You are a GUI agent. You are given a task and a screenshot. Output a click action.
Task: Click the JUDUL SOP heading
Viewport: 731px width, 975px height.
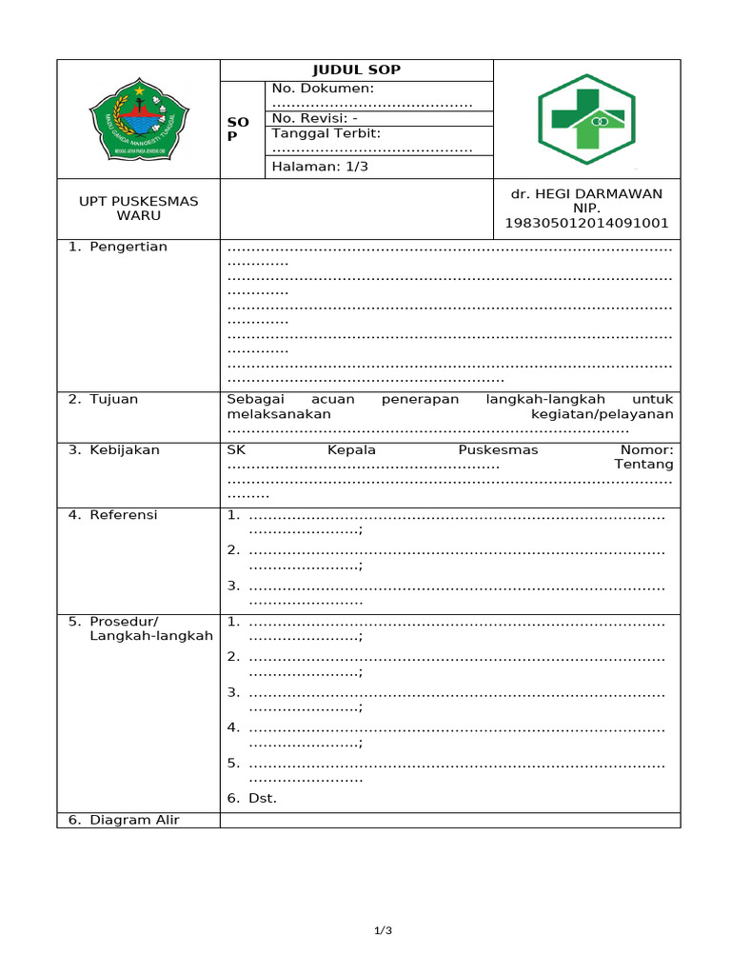[x=357, y=70]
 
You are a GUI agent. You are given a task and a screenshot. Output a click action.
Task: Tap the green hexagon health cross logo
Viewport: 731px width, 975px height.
[x=587, y=119]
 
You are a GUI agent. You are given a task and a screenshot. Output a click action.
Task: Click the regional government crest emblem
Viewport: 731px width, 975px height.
[x=139, y=119]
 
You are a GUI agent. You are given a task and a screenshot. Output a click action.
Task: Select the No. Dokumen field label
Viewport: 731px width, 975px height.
[x=323, y=89]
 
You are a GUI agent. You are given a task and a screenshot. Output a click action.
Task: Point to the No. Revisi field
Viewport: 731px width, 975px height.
[x=315, y=118]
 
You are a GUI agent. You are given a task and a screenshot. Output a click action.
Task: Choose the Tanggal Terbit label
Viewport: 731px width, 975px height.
[x=326, y=133]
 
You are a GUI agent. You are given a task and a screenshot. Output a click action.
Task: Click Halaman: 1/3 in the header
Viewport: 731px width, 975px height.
[x=320, y=167]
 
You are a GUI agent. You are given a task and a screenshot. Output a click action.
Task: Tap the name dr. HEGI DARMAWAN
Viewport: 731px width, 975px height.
[x=586, y=193]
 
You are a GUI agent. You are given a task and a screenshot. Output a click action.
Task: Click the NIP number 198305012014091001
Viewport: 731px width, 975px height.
[x=586, y=224]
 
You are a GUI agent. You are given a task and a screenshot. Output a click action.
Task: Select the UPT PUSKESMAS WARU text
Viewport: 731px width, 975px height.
[x=138, y=208]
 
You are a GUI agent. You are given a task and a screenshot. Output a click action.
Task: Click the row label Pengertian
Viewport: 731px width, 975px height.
[x=128, y=247]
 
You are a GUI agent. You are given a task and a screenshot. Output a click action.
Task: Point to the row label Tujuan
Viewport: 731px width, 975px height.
[x=113, y=399]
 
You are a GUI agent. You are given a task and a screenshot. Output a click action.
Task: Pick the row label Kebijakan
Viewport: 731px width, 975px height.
[x=124, y=449]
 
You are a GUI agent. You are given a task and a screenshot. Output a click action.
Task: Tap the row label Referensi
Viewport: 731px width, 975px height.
[x=123, y=515]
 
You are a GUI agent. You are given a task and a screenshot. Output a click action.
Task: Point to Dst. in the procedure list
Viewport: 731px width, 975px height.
[x=263, y=798]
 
